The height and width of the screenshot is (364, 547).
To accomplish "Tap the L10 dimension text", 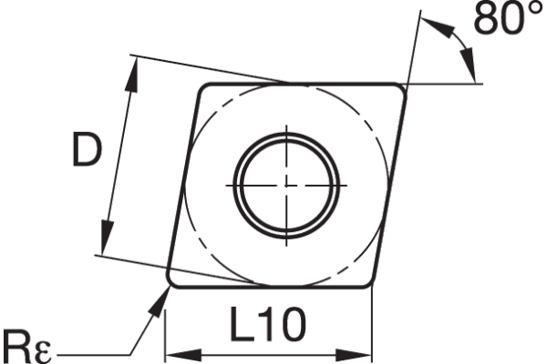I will pos(268,324).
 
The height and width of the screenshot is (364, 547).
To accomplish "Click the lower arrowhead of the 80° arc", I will pos(471,69).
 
